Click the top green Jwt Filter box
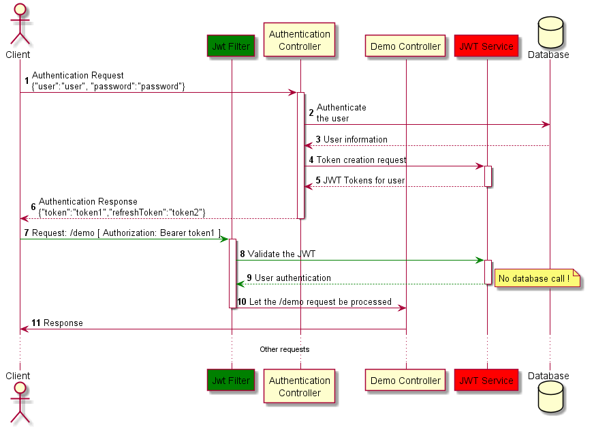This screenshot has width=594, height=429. pyautogui.click(x=231, y=46)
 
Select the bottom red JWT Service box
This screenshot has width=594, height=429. pyautogui.click(x=486, y=381)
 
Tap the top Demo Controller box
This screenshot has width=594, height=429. pyautogui.click(x=405, y=46)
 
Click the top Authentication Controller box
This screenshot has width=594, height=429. pyautogui.click(x=300, y=40)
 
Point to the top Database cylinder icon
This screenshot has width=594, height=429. pyautogui.click(x=549, y=31)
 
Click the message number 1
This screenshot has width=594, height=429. pyautogui.click(x=27, y=81)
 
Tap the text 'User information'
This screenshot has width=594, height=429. pyautogui.click(x=355, y=140)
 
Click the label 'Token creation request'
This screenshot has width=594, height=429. pyautogui.click(x=361, y=160)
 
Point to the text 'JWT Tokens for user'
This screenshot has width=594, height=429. pyautogui.click(x=363, y=181)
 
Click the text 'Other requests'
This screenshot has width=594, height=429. pyautogui.click(x=284, y=349)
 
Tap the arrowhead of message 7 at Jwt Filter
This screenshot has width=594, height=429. pyautogui.click(x=224, y=239)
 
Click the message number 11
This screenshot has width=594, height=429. pyautogui.click(x=36, y=323)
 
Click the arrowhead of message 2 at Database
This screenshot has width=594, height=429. pyautogui.click(x=546, y=124)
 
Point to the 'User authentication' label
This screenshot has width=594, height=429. pyautogui.click(x=293, y=278)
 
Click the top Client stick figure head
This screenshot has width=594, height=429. pyautogui.click(x=19, y=10)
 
